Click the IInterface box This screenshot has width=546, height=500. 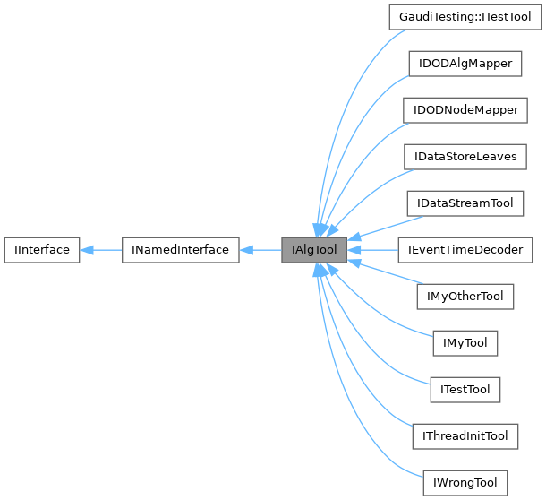tap(42, 249)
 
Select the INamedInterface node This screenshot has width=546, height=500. tap(180, 249)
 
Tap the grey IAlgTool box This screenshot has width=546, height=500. tap(314, 249)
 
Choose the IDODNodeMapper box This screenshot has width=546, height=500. tap(465, 109)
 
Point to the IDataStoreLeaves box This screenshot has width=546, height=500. tap(465, 156)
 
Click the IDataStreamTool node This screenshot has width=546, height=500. tap(465, 203)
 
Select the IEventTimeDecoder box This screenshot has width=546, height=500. tap(465, 249)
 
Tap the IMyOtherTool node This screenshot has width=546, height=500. tap(465, 296)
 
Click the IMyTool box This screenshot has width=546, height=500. tap(465, 342)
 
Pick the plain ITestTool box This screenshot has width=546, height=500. tap(465, 389)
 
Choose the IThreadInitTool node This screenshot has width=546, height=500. tap(465, 435)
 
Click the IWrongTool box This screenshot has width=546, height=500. tap(465, 482)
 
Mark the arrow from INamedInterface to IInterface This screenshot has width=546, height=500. tap(103, 249)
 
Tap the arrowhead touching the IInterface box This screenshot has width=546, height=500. tap(87, 249)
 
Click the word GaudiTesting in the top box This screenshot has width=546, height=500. tap(431, 16)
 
